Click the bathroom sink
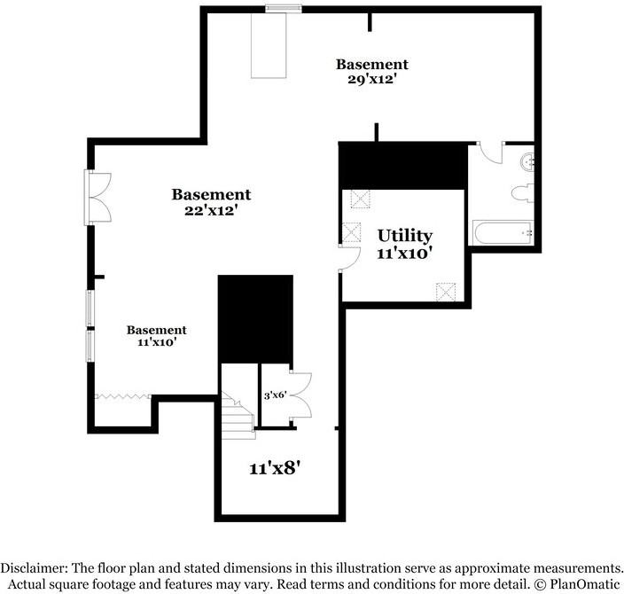(526, 161)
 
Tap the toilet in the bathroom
(523, 192)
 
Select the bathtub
(503, 234)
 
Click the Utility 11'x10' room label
(404, 244)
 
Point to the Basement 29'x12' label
(371, 71)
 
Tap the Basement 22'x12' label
(211, 202)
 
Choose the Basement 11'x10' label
(156, 335)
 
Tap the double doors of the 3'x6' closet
(300, 395)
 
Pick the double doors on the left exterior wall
(97, 195)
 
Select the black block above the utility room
(403, 165)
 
